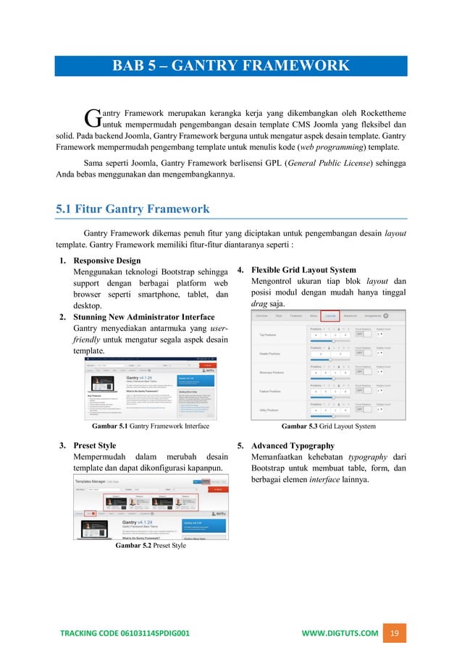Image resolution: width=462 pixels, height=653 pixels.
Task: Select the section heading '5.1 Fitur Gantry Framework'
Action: click(x=133, y=209)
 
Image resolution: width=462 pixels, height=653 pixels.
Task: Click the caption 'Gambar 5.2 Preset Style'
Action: click(x=150, y=545)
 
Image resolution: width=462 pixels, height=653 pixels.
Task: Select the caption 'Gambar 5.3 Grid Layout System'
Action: click(x=328, y=426)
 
